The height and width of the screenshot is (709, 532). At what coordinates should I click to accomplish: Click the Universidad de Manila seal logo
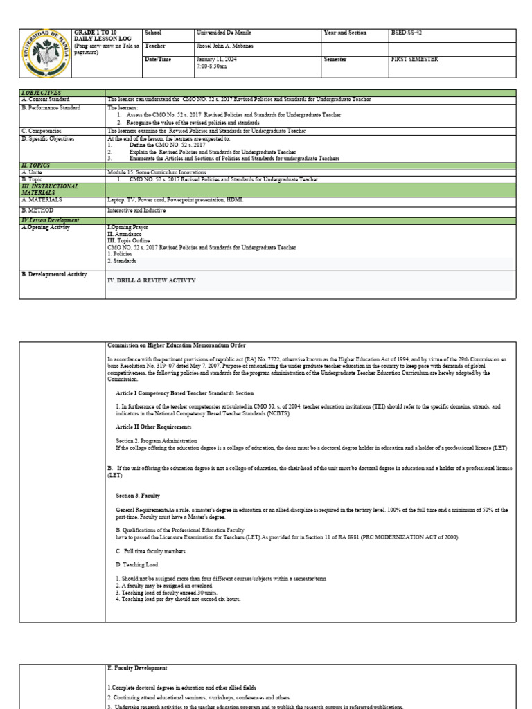click(45, 54)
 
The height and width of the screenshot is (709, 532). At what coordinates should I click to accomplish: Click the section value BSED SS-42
click(407, 33)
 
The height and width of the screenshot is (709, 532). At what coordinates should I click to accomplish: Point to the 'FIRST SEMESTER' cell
click(414, 60)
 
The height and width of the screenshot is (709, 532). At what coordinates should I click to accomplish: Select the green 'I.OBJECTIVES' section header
click(41, 92)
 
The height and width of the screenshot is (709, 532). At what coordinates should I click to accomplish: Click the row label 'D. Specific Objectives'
click(49, 138)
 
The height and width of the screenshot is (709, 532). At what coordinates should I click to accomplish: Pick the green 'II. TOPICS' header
click(36, 166)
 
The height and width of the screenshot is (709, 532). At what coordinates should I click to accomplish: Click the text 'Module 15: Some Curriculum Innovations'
click(156, 172)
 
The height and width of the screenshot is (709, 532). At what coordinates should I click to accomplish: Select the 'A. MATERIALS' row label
click(42, 199)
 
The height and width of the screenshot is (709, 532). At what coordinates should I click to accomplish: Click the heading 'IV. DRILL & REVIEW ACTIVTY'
click(152, 280)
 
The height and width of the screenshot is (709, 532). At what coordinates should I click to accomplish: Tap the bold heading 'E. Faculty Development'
click(137, 668)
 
